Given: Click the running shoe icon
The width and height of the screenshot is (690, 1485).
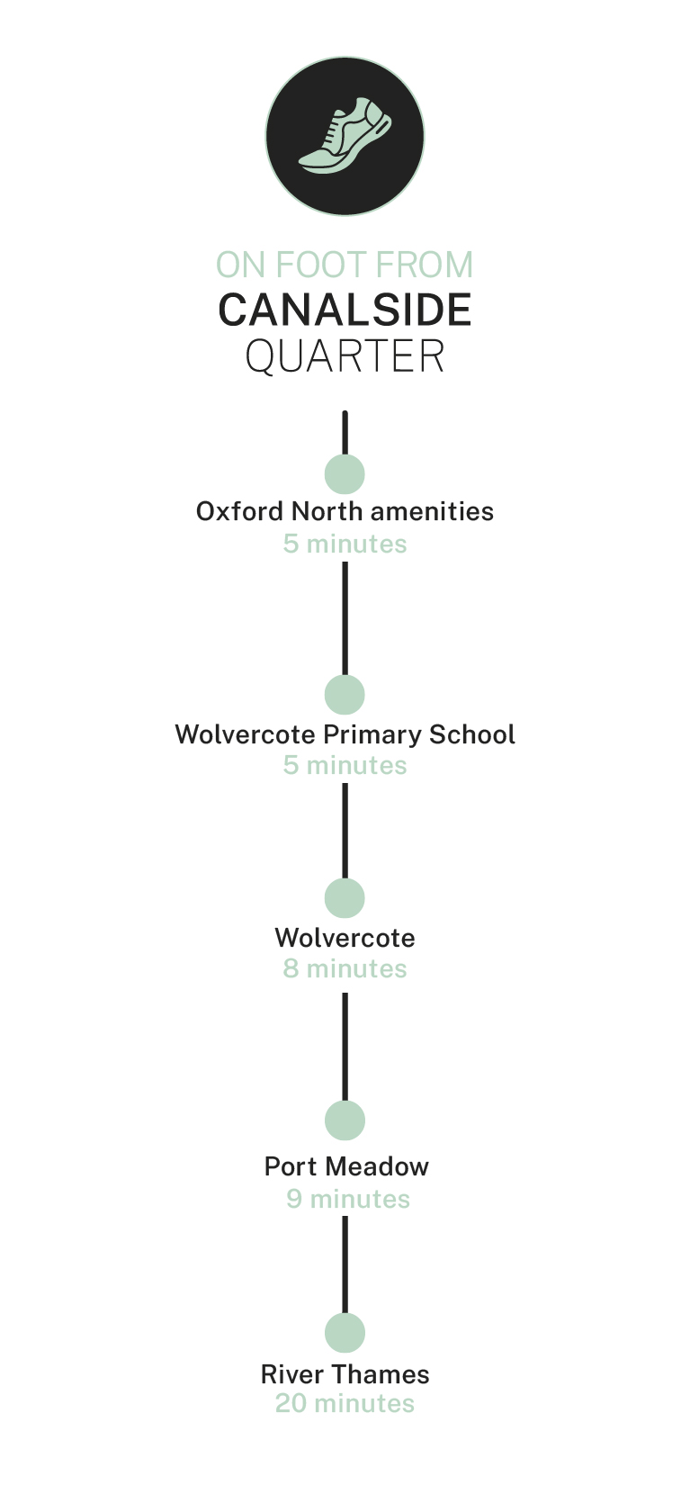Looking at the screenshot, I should tap(345, 137).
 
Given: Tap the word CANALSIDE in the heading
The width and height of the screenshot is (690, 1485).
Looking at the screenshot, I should tap(345, 310).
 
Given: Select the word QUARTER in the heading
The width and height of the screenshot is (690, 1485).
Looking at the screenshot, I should tap(345, 356).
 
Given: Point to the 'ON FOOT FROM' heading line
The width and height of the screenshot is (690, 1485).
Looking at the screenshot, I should tap(345, 265).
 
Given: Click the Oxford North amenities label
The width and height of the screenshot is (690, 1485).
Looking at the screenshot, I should tap(345, 511).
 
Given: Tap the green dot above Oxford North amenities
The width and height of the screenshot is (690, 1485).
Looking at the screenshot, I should tap(345, 473).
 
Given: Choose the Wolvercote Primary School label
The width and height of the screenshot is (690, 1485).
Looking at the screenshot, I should tap(345, 734).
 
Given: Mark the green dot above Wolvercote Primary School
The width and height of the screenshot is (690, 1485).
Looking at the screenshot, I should tap(345, 695).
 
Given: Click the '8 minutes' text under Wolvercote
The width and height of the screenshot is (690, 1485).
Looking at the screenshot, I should tap(345, 968).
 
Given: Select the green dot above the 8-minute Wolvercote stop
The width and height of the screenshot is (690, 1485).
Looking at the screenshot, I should tap(345, 898).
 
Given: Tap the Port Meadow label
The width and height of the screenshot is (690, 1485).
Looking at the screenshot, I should tap(346, 1166).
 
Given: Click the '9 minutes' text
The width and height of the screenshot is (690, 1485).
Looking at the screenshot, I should tap(348, 1199).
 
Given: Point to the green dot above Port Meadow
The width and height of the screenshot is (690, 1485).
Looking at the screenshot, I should tap(345, 1120).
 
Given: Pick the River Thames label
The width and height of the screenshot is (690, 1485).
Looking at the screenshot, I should tap(345, 1374).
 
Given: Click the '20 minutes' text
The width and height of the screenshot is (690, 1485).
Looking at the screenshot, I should tap(345, 1403).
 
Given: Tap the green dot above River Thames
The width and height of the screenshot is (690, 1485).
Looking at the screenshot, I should tap(345, 1333).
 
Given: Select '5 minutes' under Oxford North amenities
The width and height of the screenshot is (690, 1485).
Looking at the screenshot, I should tap(345, 544).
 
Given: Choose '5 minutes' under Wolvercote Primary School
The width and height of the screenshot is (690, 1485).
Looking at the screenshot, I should tap(345, 765).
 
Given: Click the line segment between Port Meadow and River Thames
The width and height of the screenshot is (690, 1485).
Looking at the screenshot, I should tap(345, 1264).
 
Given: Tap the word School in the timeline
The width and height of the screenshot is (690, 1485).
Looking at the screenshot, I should tap(471, 734).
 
